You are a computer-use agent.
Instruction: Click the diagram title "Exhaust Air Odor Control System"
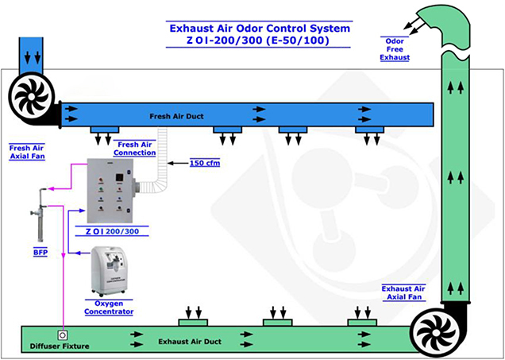click(260, 29)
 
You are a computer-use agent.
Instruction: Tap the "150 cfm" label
click(205, 163)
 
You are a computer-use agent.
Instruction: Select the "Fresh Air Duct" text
click(176, 116)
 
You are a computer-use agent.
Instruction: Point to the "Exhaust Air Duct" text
click(190, 342)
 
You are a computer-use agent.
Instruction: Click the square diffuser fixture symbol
click(63, 335)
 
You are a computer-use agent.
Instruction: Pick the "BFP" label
click(40, 253)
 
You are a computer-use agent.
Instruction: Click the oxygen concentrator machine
click(108, 271)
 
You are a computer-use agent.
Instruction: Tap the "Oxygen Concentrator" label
click(109, 308)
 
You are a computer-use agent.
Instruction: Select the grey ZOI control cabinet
click(110, 191)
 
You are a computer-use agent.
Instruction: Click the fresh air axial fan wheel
click(31, 96)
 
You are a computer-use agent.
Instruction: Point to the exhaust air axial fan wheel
click(436, 332)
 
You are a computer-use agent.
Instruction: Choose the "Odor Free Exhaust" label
click(395, 49)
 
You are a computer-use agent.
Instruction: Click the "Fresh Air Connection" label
click(135, 149)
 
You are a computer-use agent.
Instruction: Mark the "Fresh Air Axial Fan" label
click(27, 152)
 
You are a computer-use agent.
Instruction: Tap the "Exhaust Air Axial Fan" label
click(403, 292)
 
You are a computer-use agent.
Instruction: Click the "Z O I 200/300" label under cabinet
click(112, 231)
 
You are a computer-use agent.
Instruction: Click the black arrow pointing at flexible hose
click(178, 163)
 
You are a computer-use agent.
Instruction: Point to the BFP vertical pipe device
click(39, 215)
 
